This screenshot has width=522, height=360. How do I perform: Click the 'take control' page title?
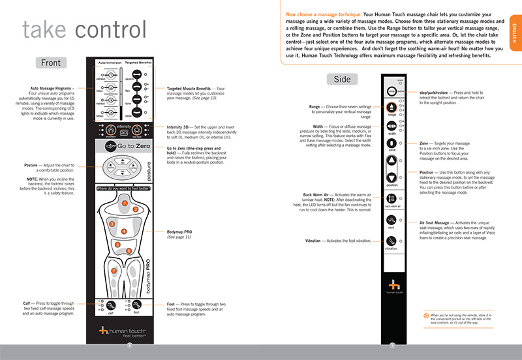[83, 29]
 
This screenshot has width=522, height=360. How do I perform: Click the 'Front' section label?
[50, 63]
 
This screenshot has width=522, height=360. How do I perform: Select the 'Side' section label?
[341, 80]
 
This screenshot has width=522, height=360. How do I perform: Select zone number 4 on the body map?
[122, 230]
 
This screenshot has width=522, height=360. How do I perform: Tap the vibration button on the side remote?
[391, 241]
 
